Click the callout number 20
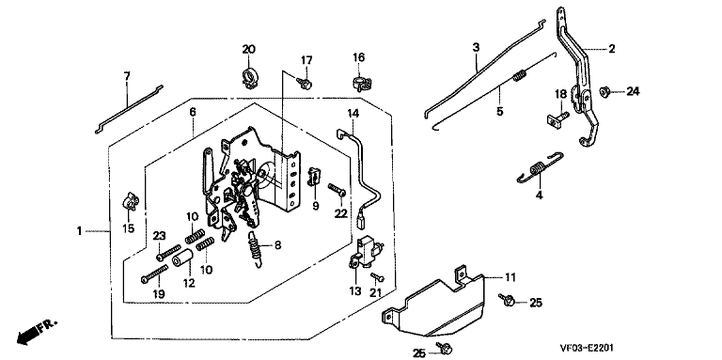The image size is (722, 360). coord(248,49)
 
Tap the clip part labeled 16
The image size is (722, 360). coord(361,84)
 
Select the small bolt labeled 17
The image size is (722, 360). coord(305,84)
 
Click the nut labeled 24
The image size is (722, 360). coord(604,92)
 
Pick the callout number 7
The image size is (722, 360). coord(127,76)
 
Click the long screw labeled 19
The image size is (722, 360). coord(154,274)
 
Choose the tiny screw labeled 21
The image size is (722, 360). coord(377,276)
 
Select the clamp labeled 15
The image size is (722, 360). coord(131,201)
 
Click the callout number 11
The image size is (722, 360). coord(510,277)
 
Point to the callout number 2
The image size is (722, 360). coord(611,49)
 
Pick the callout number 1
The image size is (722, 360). coord(79,230)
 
